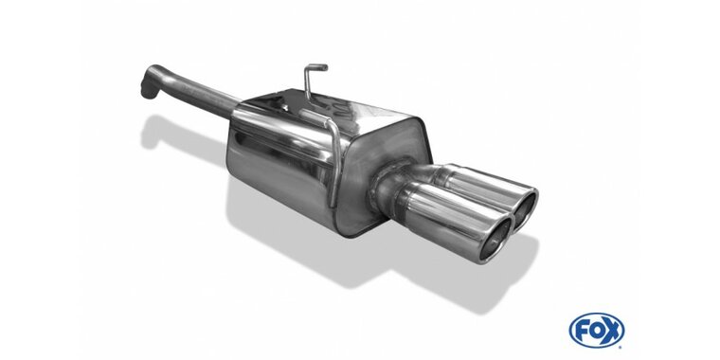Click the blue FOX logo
597,330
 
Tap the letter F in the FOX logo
581,330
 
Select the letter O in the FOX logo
596,330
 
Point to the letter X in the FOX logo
613,330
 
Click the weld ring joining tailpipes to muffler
381,189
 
